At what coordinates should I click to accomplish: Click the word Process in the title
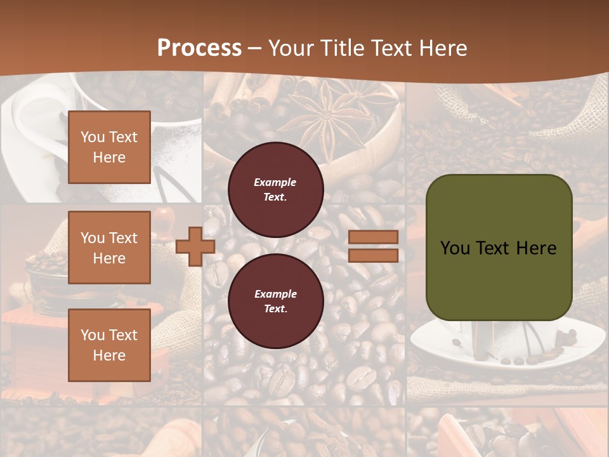tap(199, 48)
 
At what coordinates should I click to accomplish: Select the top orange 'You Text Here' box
tap(109, 147)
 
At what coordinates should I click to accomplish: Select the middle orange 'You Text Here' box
tap(109, 248)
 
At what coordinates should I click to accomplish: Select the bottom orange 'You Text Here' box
tap(109, 345)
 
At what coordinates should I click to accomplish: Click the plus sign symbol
tap(195, 247)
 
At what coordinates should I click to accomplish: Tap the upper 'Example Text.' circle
tap(275, 189)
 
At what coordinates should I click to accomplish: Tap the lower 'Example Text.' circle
tap(275, 301)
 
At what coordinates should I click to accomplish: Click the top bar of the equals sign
tap(374, 237)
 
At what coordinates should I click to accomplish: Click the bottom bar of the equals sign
tap(374, 255)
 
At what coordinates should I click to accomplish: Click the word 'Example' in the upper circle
tap(275, 182)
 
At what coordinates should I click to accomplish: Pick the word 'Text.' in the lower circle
tap(275, 308)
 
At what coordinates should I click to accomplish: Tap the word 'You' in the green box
tap(455, 248)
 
